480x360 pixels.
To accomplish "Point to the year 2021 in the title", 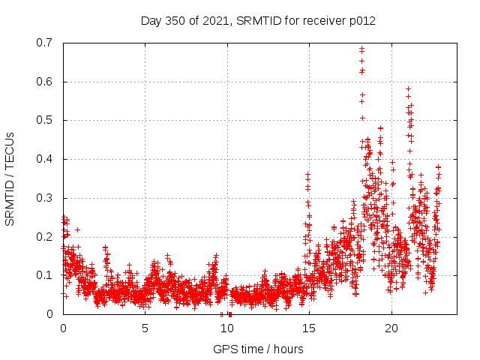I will (218, 20).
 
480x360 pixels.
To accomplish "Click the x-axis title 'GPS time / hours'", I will (259, 349).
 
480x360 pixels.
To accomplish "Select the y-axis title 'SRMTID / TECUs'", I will (10, 178).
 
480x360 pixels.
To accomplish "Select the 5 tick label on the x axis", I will (145, 328).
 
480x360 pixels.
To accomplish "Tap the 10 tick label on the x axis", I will (226, 328).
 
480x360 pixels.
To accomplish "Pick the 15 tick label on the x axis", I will (308, 328).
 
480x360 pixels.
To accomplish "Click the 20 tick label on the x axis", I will (391, 328).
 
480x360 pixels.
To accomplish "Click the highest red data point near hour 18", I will (361, 49).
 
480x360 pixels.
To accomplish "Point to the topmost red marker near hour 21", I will (408, 88).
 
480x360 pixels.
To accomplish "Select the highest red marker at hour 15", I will (307, 175).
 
